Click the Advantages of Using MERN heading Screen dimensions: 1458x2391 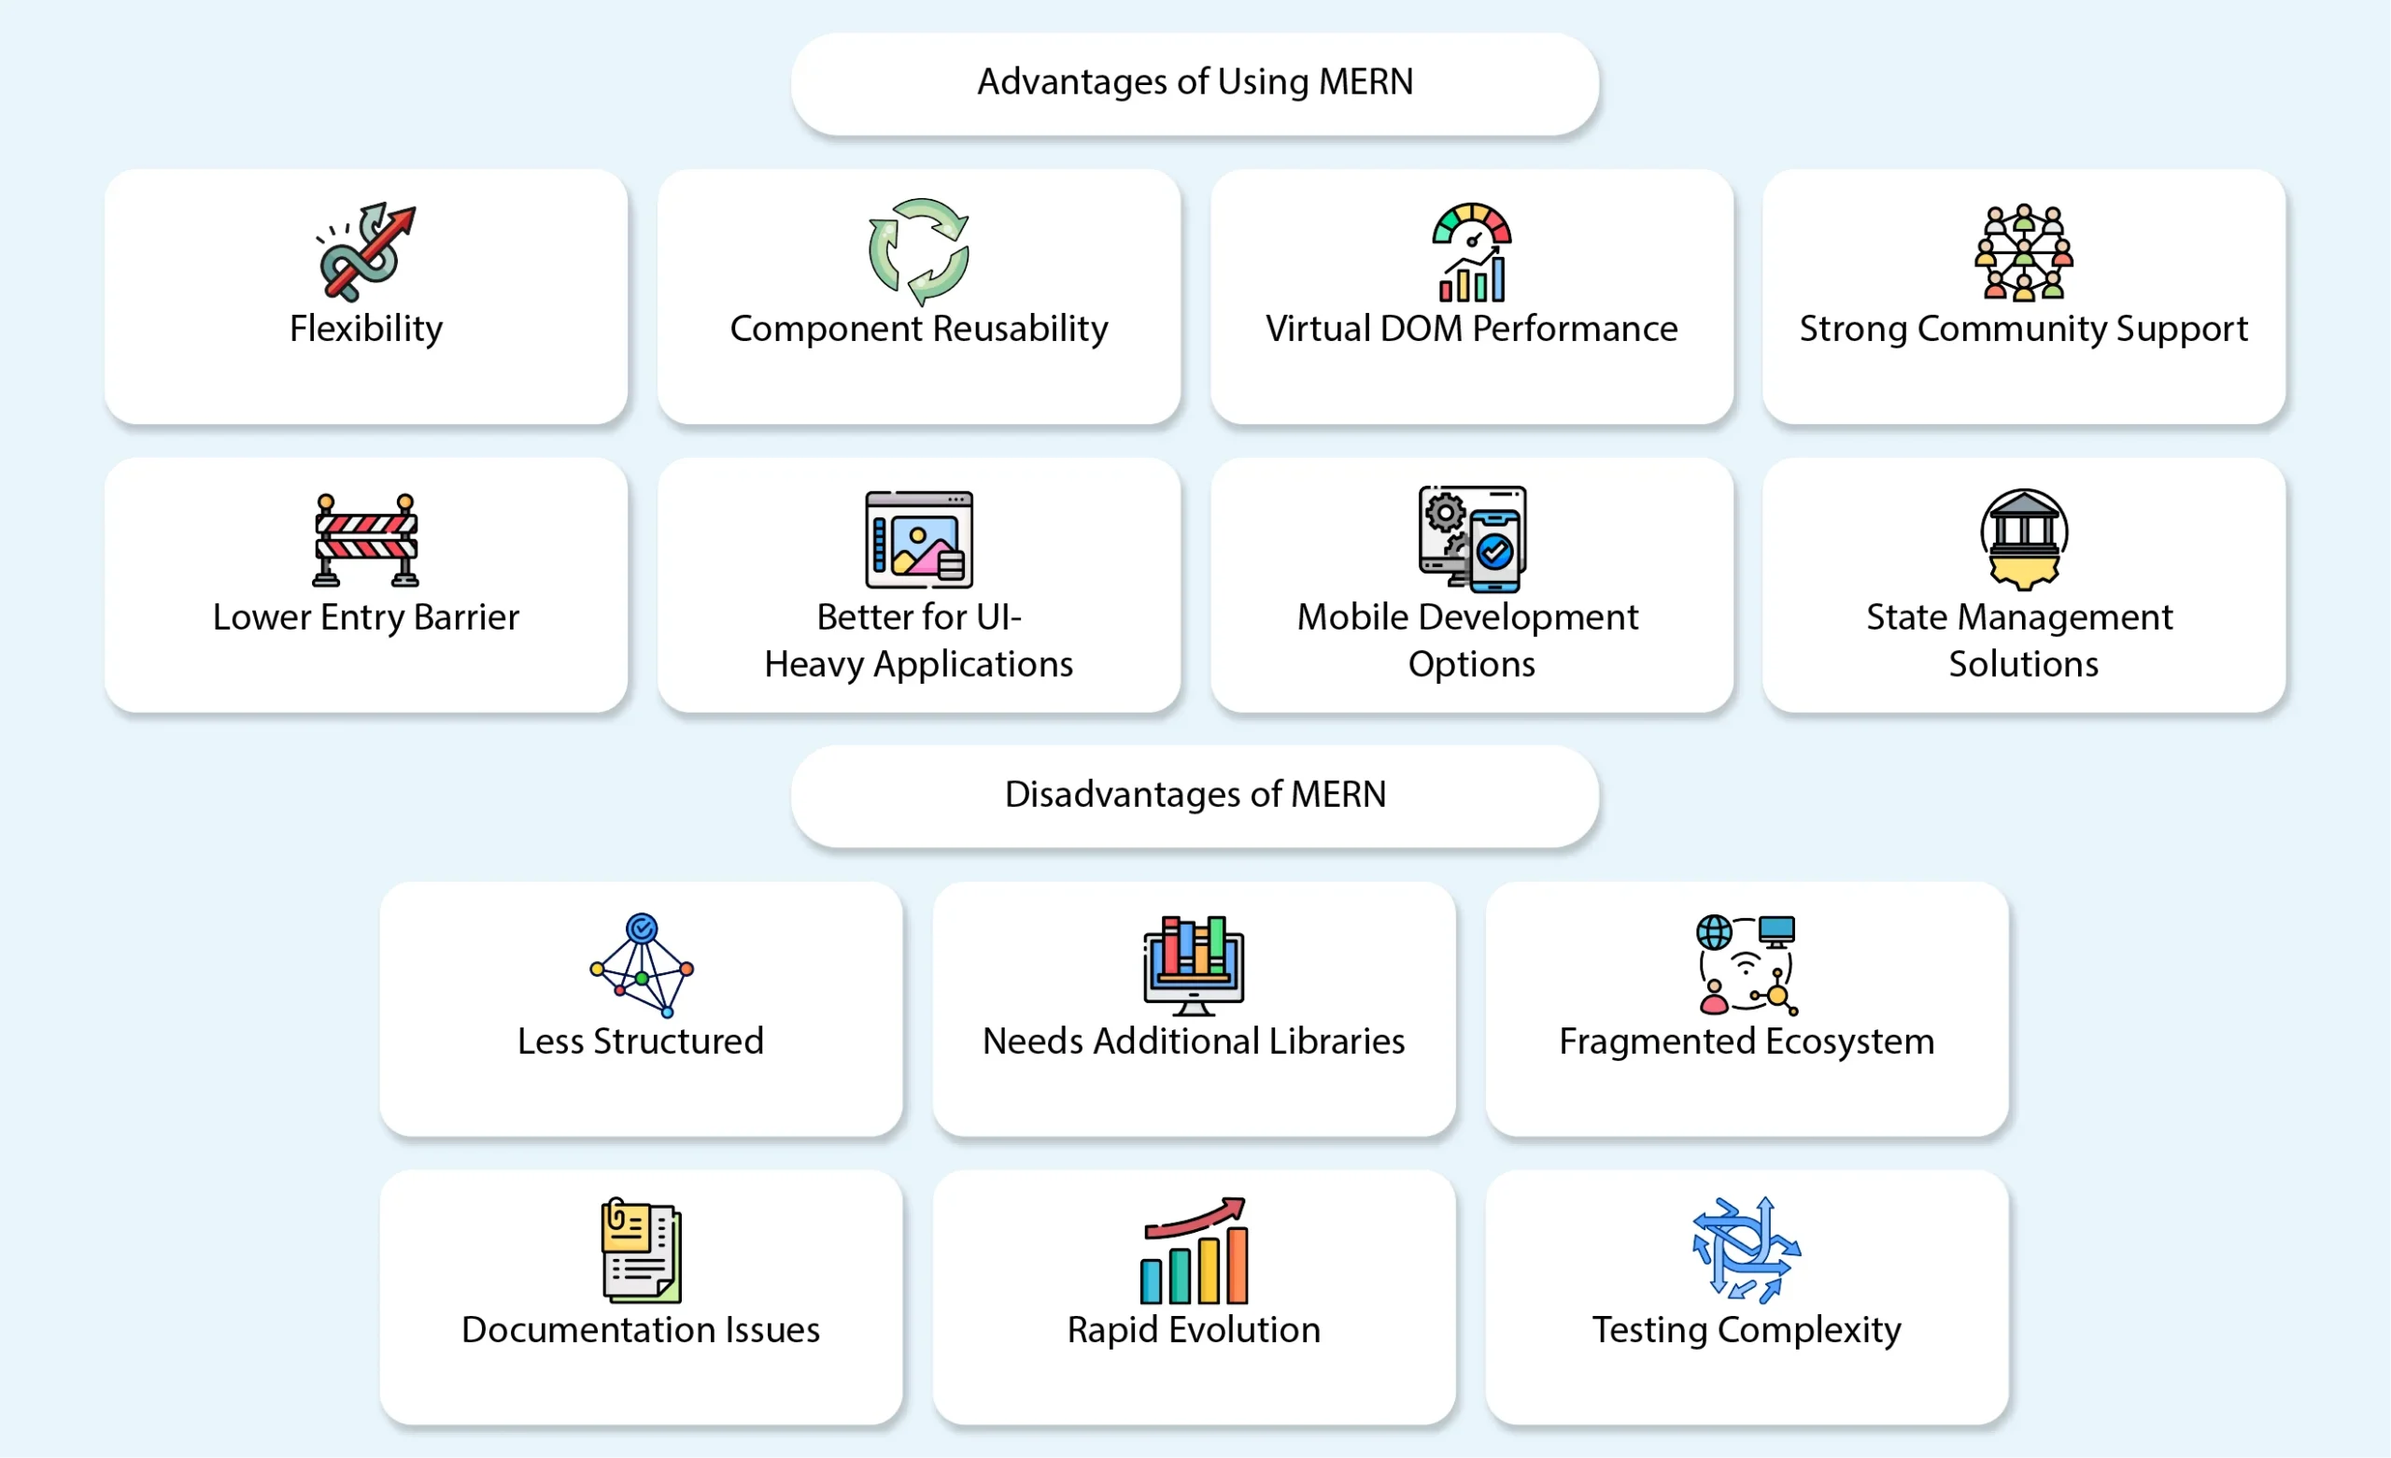click(1195, 82)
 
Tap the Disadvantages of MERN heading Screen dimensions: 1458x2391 click(1195, 795)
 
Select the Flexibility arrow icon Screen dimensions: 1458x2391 click(366, 251)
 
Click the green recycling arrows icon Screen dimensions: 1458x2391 click(918, 251)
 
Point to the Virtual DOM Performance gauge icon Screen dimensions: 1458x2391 click(1471, 251)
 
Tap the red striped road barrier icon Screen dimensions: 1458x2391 click(366, 540)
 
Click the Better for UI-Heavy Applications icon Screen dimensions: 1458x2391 click(918, 540)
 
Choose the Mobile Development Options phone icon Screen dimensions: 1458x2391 click(1471, 540)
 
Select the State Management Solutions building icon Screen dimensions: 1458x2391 click(2023, 540)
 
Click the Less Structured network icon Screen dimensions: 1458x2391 click(642, 965)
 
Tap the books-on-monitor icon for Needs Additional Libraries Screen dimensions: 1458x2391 click(1194, 965)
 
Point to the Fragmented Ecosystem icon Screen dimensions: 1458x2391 click(1747, 965)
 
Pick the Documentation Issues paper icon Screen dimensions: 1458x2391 click(642, 1251)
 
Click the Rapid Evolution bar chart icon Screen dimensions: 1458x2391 click(1194, 1251)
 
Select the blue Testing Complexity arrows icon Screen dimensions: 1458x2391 click(1747, 1251)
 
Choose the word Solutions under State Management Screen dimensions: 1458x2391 click(2023, 664)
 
